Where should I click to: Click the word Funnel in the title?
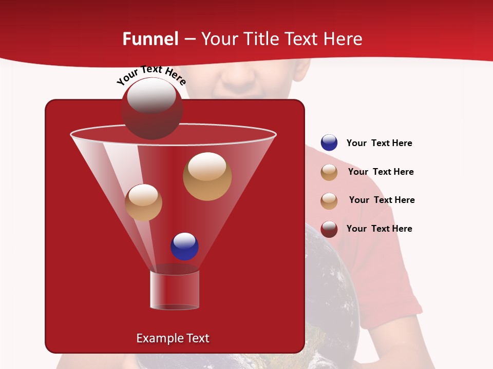(150, 39)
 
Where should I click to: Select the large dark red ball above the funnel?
(151, 109)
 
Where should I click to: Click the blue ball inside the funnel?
(184, 246)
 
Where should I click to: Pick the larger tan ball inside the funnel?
(207, 176)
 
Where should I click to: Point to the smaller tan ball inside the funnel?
(144, 202)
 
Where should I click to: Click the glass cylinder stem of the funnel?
(174, 290)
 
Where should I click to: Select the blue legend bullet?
(329, 143)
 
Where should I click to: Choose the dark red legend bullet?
(329, 229)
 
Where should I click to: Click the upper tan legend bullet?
(329, 172)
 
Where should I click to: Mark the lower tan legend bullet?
(329, 201)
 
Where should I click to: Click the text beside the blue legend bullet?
(379, 143)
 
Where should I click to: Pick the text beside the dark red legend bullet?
(379, 229)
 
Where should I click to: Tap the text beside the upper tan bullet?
(381, 172)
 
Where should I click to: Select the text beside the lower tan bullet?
(382, 200)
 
